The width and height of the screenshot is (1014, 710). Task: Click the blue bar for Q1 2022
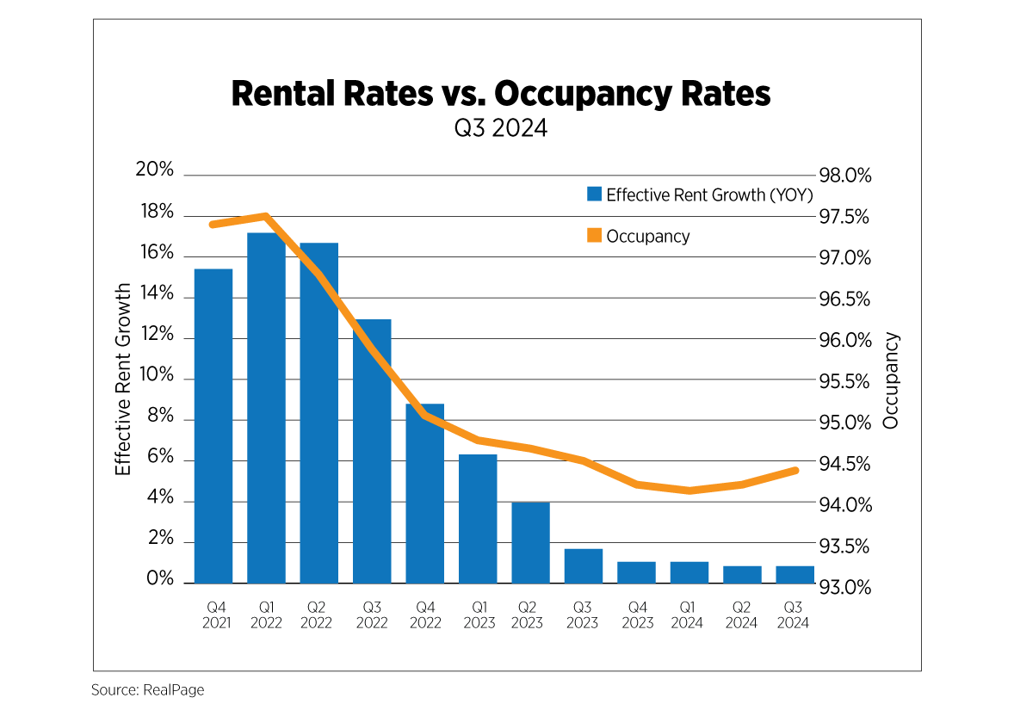[266, 408]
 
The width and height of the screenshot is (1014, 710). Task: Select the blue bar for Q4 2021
[213, 426]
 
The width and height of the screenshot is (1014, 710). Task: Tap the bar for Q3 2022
[372, 451]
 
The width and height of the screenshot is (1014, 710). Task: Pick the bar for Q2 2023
[530, 542]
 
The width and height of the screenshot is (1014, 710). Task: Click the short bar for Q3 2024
[795, 574]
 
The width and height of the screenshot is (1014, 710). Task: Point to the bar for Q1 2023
[478, 518]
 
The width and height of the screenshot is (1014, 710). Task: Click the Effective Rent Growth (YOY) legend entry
[699, 194]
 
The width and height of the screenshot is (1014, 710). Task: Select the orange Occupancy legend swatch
[594, 236]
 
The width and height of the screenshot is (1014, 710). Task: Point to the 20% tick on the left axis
[155, 170]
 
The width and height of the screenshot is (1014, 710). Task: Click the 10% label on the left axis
[155, 376]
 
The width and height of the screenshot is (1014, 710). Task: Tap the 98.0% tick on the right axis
[845, 176]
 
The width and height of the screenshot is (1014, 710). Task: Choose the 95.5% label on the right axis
[845, 381]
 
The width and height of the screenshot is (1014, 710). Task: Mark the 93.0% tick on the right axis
[845, 588]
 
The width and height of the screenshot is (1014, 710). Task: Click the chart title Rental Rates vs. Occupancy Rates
[501, 95]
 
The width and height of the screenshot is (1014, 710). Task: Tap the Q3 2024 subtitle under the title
[501, 130]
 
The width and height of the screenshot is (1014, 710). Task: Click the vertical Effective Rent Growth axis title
[123, 379]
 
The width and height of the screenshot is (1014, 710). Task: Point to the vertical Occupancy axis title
[891, 380]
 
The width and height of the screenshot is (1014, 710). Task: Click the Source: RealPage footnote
[147, 690]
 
